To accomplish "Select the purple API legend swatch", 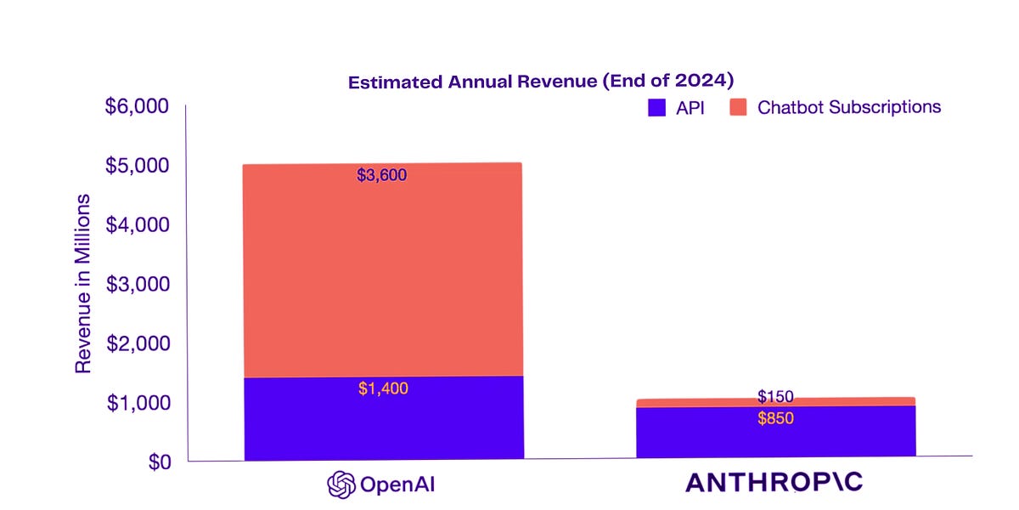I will (x=656, y=108).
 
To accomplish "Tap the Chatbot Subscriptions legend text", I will (x=849, y=107).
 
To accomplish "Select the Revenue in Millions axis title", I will (x=82, y=284).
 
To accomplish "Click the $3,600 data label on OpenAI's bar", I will (x=382, y=176).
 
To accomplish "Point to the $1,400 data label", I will (x=383, y=389).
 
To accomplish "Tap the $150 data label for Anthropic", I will (x=775, y=397).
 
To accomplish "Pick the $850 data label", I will (x=775, y=418).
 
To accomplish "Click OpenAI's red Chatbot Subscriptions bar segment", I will (x=382, y=272).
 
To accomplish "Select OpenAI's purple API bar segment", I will (x=382, y=425).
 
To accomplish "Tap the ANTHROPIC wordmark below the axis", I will (x=774, y=483).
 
